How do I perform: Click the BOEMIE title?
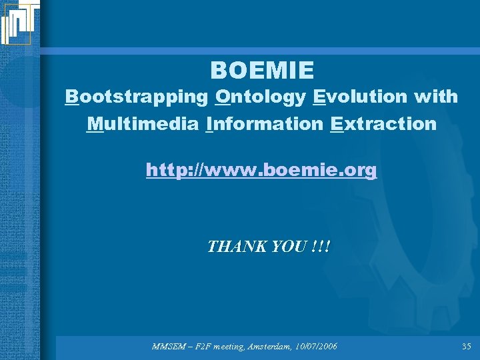(x=262, y=70)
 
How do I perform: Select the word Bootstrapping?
(x=137, y=97)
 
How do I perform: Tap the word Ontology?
(x=261, y=97)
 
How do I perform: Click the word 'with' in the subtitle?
(x=435, y=97)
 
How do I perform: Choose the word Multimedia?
(x=144, y=124)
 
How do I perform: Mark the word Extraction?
(x=383, y=124)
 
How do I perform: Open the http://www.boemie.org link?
(x=261, y=171)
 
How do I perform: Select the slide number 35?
(x=465, y=347)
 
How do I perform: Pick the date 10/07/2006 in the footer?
(x=314, y=347)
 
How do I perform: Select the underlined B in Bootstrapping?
(x=71, y=97)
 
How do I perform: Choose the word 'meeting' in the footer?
(x=224, y=347)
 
